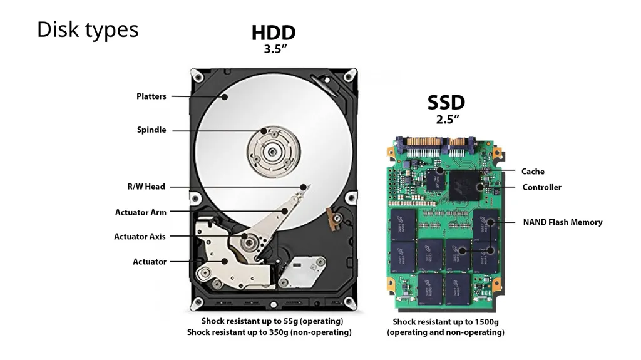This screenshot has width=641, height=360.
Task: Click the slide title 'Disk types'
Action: pyautogui.click(x=88, y=30)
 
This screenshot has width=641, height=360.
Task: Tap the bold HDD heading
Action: pyautogui.click(x=274, y=33)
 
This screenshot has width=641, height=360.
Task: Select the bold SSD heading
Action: pyautogui.click(x=446, y=102)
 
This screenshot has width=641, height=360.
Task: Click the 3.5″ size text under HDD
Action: pyautogui.click(x=275, y=49)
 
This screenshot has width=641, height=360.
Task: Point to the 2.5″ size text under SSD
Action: pyautogui.click(x=447, y=120)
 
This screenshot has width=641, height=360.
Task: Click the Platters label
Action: pyautogui.click(x=151, y=96)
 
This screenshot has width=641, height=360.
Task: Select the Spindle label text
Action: pyautogui.click(x=151, y=130)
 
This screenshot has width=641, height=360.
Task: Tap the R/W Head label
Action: pyautogui.click(x=146, y=187)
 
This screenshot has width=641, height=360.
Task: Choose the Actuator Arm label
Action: pyautogui.click(x=141, y=212)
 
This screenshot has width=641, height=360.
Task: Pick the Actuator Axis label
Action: pyautogui.click(x=140, y=237)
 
